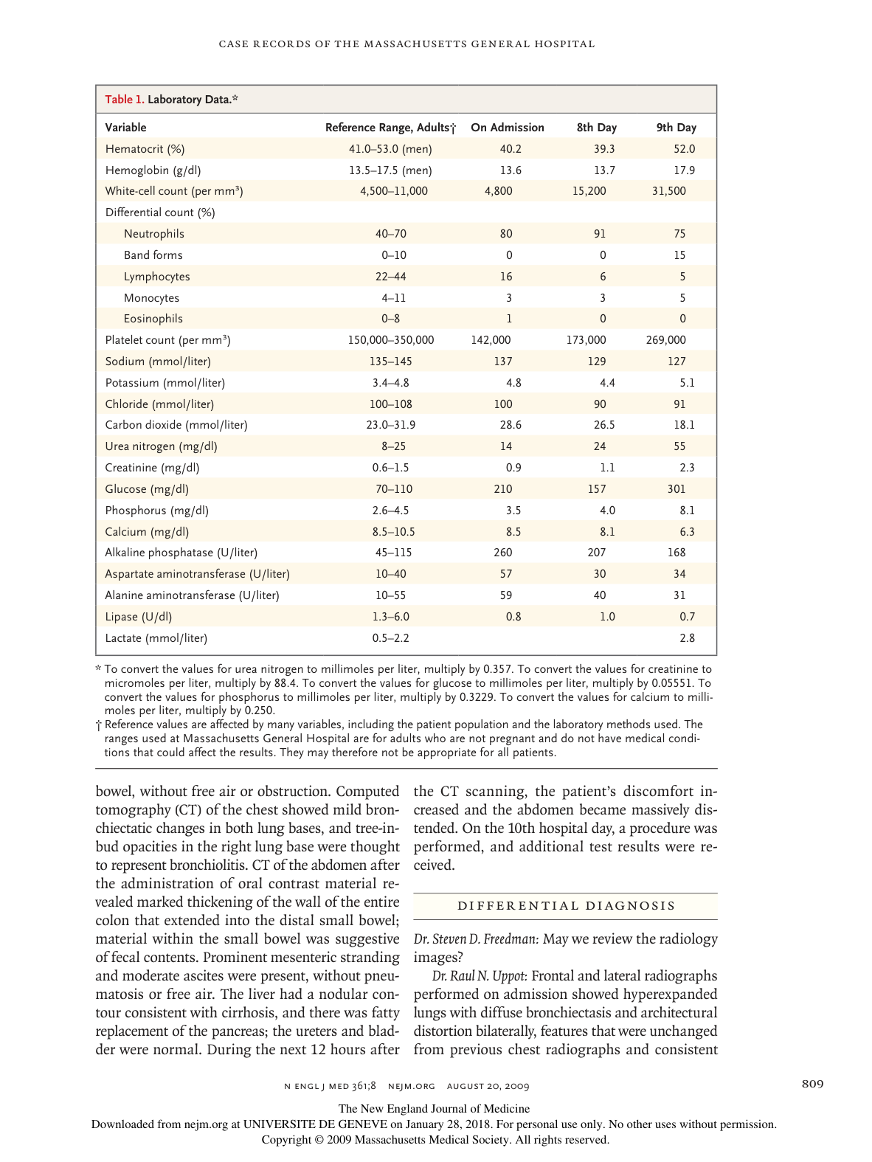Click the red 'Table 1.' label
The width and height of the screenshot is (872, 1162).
pyautogui.click(x=125, y=100)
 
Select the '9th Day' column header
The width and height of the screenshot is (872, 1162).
pyautogui.click(x=676, y=128)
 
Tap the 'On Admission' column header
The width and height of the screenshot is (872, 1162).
pyautogui.click(x=508, y=128)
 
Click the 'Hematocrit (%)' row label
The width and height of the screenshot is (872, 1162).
pyautogui.click(x=145, y=149)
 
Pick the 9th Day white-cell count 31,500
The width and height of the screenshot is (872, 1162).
pyautogui.click(x=668, y=191)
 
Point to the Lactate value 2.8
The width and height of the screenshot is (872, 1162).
pyautogui.click(x=687, y=638)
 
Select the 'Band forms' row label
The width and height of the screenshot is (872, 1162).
pyautogui.click(x=153, y=255)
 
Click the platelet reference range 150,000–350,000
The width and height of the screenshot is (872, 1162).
pyautogui.click(x=390, y=340)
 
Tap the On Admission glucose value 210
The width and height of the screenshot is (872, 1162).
pyautogui.click(x=503, y=489)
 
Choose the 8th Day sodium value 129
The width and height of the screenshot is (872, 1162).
pyautogui.click(x=597, y=362)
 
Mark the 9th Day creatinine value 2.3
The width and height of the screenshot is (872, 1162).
pyautogui.click(x=687, y=468)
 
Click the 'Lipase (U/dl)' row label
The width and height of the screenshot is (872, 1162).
pyautogui.click(x=139, y=617)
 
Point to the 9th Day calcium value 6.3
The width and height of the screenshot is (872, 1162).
pyautogui.click(x=687, y=532)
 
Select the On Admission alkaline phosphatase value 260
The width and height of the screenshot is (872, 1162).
pyautogui.click(x=503, y=553)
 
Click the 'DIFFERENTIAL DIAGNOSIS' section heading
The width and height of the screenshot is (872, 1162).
pyautogui.click(x=566, y=906)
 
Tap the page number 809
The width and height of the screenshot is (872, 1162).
pyautogui.click(x=812, y=1084)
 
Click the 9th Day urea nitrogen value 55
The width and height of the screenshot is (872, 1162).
pyautogui.click(x=679, y=446)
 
